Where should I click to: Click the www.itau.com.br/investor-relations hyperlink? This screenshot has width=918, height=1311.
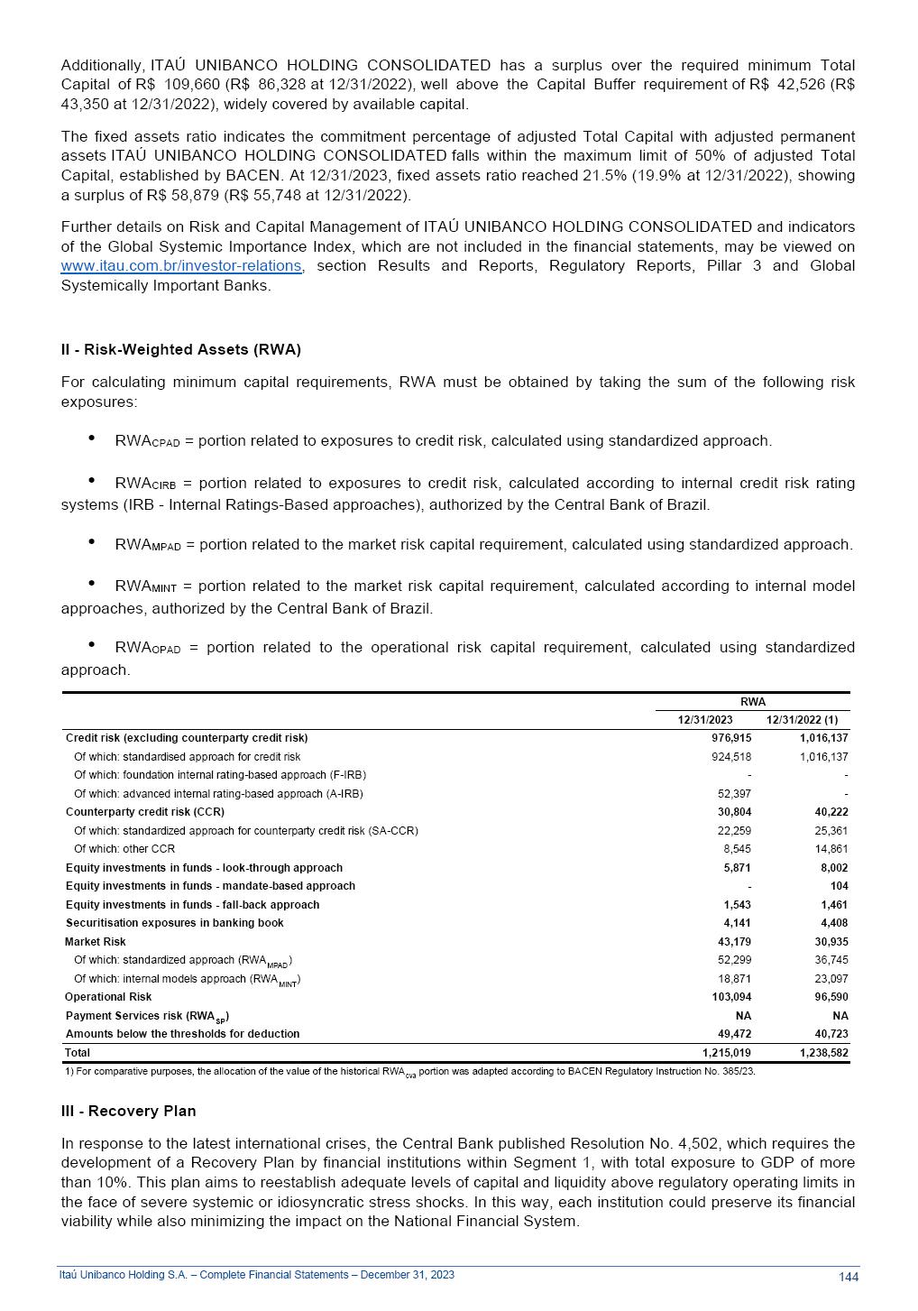click(180, 266)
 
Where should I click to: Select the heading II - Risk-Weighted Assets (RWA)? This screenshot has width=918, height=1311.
click(180, 350)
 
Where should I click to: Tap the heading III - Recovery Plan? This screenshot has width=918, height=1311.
click(128, 1112)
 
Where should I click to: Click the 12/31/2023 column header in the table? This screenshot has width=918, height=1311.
click(705, 720)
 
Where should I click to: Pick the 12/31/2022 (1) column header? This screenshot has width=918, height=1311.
click(802, 720)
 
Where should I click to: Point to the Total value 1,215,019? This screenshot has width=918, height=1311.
click(726, 1053)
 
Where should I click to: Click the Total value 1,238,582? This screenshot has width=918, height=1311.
click(823, 1053)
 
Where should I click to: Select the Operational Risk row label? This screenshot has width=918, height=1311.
click(108, 997)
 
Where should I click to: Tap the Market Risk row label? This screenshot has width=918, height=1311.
click(96, 942)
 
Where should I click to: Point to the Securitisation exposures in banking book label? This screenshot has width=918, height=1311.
click(174, 923)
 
